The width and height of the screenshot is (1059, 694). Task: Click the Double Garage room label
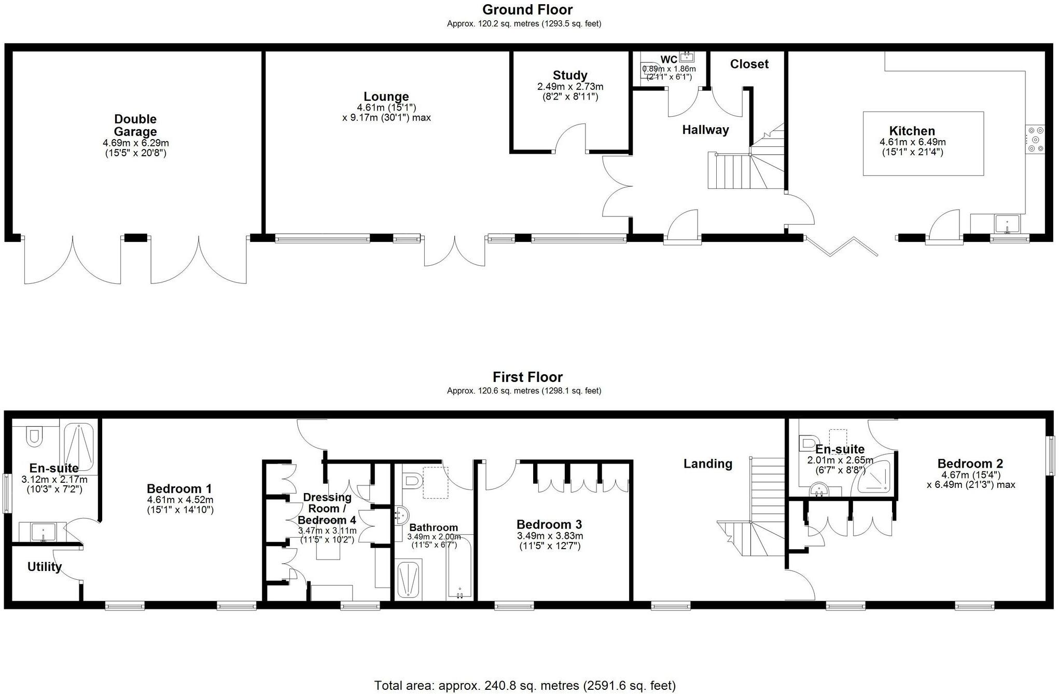tap(135, 126)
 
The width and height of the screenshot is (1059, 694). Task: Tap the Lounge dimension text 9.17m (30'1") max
tap(386, 118)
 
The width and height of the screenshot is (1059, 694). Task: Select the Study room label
tap(570, 75)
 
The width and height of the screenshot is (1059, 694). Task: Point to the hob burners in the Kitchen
tap(1036, 140)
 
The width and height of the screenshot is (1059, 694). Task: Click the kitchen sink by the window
tap(1007, 224)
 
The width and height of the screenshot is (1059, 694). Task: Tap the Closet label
tap(749, 64)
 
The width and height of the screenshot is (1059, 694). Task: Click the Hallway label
tap(705, 130)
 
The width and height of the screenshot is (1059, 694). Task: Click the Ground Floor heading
tap(527, 10)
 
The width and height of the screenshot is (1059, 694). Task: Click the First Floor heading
tap(527, 377)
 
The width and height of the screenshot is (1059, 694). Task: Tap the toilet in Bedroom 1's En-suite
tap(34, 437)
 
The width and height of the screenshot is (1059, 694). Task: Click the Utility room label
tap(45, 567)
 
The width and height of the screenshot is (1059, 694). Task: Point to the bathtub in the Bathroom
tap(459, 568)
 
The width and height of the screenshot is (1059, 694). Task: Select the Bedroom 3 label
tap(549, 524)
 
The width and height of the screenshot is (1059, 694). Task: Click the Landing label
tap(707, 464)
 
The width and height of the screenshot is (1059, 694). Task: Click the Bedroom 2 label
tap(970, 464)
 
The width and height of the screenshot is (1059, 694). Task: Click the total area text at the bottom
tap(525, 686)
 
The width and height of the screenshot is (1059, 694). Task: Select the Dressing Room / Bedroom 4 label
tap(327, 508)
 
